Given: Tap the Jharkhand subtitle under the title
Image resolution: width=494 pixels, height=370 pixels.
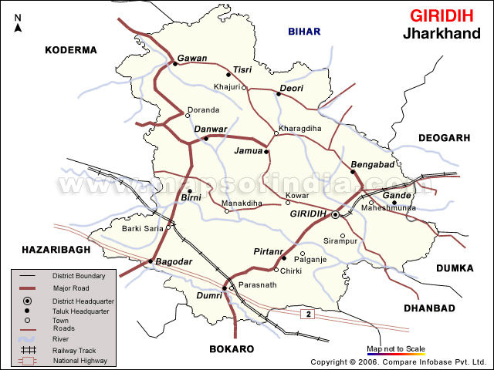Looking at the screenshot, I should coord(440,34).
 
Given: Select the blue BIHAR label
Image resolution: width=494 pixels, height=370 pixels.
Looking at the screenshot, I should coord(303,32).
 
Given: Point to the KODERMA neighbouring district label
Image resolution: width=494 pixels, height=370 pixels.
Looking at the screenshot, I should coord(71,50).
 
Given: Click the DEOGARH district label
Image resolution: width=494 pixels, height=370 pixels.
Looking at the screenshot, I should coord(444,137).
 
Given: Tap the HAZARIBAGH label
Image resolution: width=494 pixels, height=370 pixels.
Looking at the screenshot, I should coord(46,250).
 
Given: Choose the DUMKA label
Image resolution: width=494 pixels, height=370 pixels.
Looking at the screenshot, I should coord(454,268).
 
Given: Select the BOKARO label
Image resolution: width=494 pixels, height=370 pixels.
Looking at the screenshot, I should coord(232,349).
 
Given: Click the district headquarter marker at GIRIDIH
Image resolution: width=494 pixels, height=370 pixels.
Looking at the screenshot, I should coord(335,215).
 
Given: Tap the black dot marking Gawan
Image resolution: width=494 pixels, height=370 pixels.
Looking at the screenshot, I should coord(174,64).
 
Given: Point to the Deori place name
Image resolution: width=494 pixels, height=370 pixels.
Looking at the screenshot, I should coord(292,88).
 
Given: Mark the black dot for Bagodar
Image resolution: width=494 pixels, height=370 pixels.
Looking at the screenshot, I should coord(150,262).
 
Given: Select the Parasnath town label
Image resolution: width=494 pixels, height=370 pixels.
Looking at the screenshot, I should coord(257,285).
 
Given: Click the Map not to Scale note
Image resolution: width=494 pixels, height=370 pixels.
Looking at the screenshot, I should coord(395,348).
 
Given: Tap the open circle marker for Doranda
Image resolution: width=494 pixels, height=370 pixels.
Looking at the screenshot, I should coord(188,116).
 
